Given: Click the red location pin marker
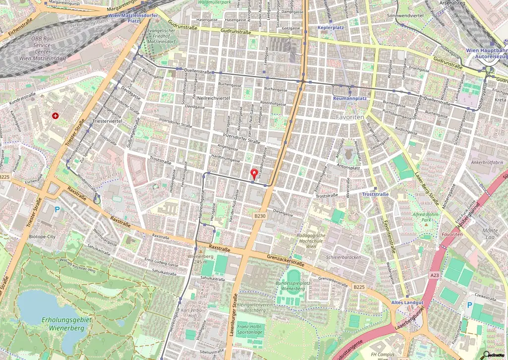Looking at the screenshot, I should tap(254, 174).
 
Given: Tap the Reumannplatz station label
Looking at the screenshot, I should tap(350, 98).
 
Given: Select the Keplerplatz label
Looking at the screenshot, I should tap(331, 28).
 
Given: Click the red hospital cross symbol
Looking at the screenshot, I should tap(55, 116).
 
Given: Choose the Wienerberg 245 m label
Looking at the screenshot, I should tap(200, 259).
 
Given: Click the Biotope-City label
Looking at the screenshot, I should tap(43, 237).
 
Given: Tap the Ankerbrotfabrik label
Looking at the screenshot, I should tap(487, 162).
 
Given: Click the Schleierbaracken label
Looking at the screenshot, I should tap(343, 257).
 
